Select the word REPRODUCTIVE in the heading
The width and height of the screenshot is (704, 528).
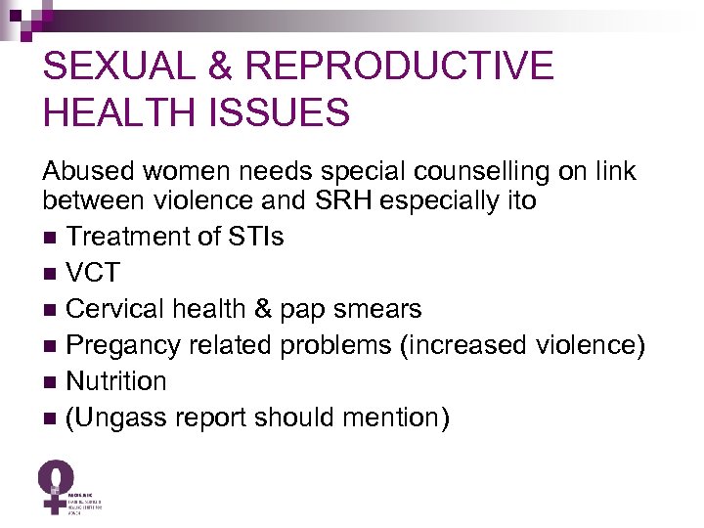click(400, 66)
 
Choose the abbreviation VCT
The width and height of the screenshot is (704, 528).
click(94, 273)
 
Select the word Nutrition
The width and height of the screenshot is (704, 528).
click(115, 381)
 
